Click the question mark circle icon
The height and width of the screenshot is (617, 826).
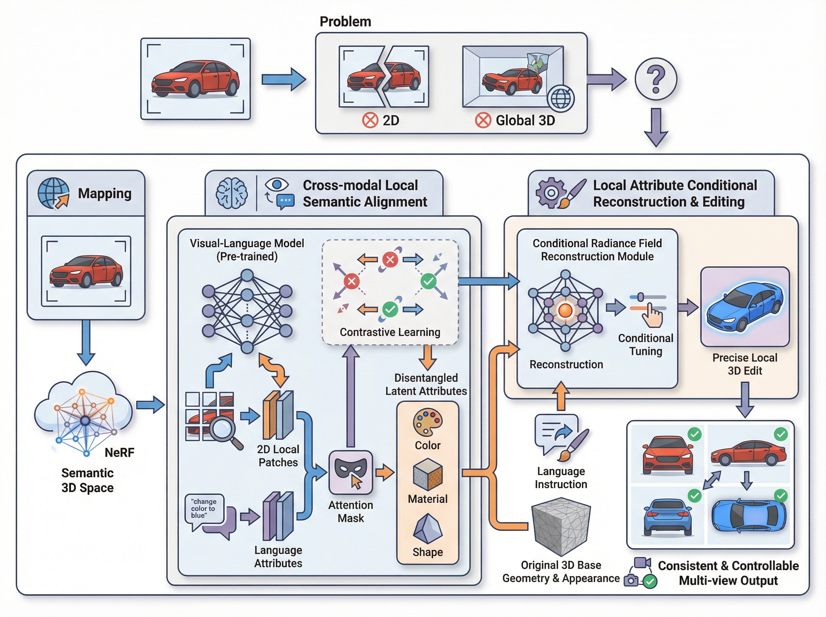click(x=656, y=79)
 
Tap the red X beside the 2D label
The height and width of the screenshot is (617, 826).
click(x=370, y=121)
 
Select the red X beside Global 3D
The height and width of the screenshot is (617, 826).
click(x=483, y=121)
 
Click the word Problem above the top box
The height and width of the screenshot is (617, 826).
click(x=345, y=22)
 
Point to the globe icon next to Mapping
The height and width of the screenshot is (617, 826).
click(x=53, y=193)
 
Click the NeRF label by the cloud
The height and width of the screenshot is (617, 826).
click(x=119, y=453)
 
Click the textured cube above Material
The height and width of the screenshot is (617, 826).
click(x=428, y=475)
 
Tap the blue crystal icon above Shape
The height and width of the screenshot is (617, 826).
click(x=428, y=529)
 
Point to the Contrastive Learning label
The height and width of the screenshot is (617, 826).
click(x=390, y=332)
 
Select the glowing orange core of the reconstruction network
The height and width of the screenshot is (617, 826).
click(x=565, y=310)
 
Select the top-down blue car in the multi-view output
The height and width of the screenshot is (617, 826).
click(x=748, y=516)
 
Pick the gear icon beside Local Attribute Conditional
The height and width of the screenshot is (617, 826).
click(x=551, y=193)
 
